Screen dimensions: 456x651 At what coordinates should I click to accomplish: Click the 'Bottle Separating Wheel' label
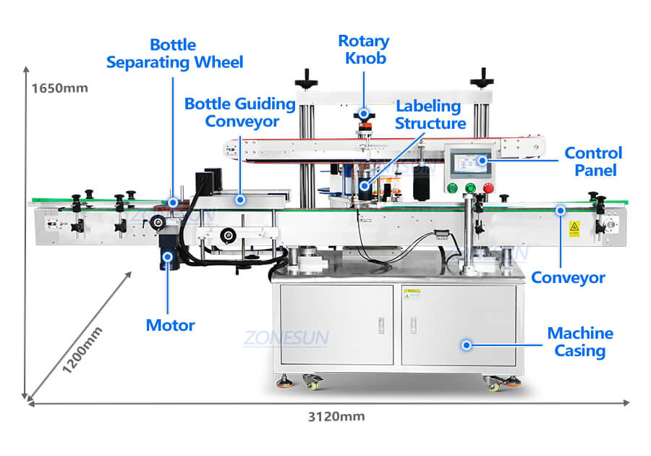(x=175, y=53)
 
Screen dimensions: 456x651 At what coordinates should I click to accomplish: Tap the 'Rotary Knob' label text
(x=363, y=49)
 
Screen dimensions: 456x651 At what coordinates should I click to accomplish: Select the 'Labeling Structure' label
(x=427, y=114)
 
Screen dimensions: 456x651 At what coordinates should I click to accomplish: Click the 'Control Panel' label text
(x=592, y=161)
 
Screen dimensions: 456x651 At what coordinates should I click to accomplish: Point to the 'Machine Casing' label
(x=579, y=342)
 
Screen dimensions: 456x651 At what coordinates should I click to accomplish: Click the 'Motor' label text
(x=170, y=325)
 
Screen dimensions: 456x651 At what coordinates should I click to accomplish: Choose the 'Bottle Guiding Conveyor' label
(x=240, y=112)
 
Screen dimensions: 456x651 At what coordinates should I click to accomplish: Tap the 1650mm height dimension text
(x=59, y=88)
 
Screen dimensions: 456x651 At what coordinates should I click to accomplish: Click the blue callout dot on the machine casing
(x=467, y=345)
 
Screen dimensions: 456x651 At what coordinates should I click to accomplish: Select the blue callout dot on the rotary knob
(x=364, y=114)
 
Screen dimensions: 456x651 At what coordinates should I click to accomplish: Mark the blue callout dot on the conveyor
(x=559, y=211)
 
